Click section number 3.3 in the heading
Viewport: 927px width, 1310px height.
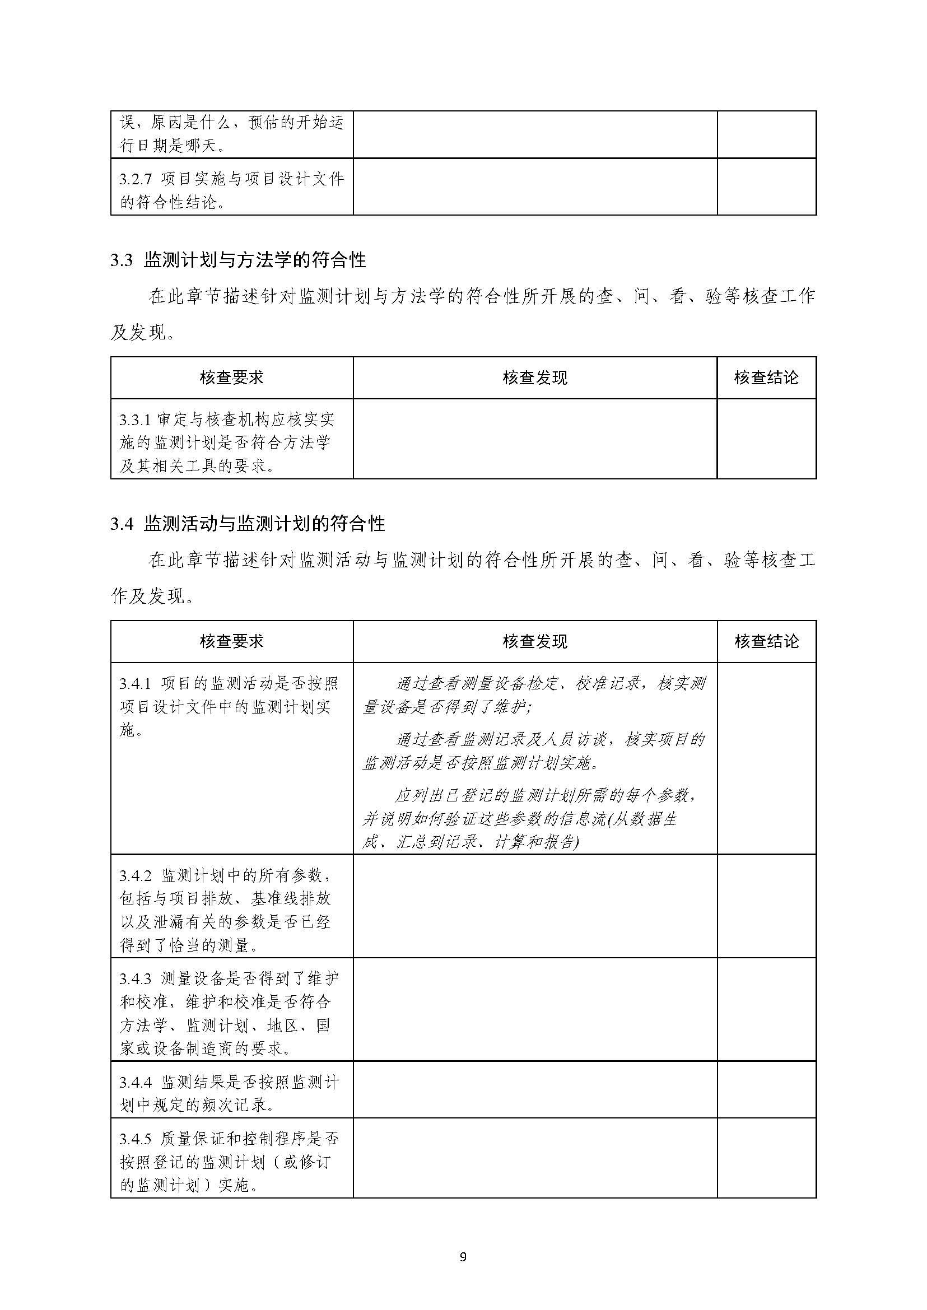coord(121,260)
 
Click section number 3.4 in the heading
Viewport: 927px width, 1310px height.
coord(121,524)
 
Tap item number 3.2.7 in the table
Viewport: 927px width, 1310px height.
coord(136,179)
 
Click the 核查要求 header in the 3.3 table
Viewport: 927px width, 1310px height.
coord(232,378)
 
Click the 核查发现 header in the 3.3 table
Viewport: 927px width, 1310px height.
coord(535,378)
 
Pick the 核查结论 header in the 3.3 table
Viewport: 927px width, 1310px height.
coord(766,378)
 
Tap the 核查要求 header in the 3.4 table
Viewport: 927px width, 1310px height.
coord(232,642)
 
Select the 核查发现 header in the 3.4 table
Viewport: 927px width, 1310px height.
coord(535,642)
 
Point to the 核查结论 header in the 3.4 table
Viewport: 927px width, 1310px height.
coord(766,642)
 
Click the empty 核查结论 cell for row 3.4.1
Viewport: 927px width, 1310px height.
coord(766,758)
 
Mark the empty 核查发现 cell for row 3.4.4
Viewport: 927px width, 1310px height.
coord(535,1093)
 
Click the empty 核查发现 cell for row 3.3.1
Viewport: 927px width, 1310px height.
coord(535,439)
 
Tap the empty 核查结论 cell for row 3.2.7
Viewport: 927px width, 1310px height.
coord(766,187)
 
